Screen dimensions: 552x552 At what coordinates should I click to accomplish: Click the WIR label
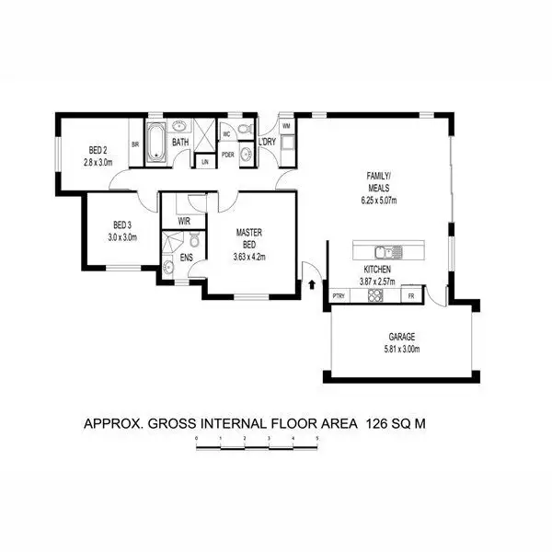184,222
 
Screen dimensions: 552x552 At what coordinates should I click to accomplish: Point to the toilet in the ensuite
168,268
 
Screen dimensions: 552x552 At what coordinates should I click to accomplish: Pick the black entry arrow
314,284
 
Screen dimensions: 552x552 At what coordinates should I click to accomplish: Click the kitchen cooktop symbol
375,295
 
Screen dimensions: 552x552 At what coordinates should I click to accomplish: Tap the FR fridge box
409,295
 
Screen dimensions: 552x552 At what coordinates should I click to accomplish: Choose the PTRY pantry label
339,295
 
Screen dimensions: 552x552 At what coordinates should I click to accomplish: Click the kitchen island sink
384,251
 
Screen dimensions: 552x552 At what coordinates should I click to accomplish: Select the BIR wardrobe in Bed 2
135,144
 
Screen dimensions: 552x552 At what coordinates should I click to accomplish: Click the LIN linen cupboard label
204,162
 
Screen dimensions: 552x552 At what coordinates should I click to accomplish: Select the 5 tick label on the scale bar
316,439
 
